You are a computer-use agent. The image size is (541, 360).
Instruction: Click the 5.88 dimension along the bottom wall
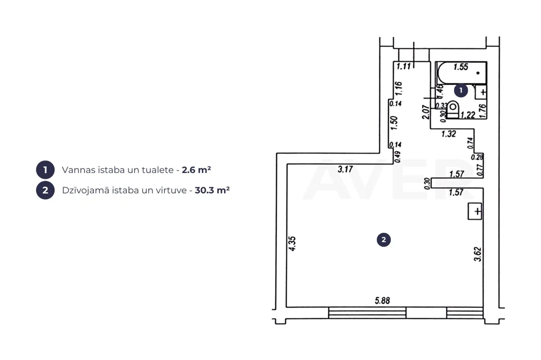tap(383, 301)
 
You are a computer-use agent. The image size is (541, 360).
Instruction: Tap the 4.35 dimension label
tap(292, 243)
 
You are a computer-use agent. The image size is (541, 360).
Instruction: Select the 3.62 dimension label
tap(478, 254)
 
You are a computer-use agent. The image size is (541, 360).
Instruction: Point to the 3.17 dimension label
tap(345, 169)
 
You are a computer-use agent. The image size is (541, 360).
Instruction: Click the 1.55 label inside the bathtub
tap(461, 67)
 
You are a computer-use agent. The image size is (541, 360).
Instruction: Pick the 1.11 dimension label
tap(403, 66)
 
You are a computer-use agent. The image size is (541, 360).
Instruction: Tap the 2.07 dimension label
tap(426, 112)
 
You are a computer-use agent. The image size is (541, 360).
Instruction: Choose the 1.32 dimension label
tap(449, 134)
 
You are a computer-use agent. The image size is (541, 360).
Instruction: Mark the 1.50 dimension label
tap(394, 123)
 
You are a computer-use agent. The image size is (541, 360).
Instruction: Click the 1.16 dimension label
tap(398, 88)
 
